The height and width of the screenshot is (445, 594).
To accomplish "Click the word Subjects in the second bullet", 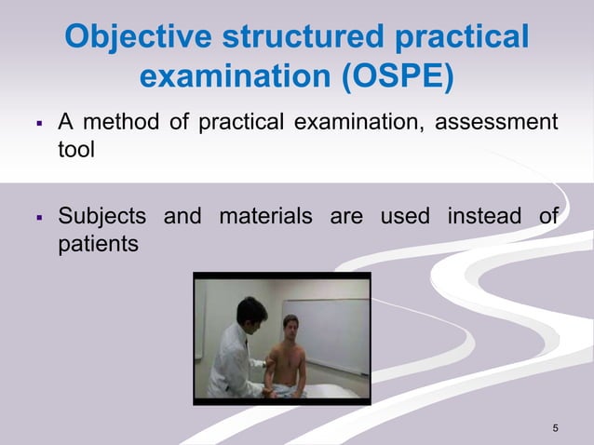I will pos(101,217).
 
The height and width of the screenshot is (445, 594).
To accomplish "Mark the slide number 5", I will pos(555,428).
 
